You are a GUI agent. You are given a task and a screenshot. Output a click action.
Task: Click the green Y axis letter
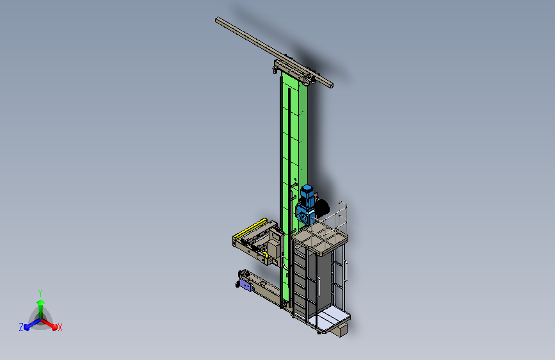40,293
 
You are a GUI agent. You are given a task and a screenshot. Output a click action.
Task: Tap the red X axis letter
60,328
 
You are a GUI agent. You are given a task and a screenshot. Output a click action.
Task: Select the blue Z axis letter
21,327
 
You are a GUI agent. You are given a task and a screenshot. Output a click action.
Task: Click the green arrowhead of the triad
40,302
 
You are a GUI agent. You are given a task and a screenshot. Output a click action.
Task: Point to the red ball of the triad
54,327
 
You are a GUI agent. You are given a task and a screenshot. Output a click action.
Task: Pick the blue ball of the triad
26,327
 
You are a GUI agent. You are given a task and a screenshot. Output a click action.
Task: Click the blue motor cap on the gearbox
307,191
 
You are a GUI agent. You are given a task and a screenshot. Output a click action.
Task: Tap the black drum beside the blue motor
322,208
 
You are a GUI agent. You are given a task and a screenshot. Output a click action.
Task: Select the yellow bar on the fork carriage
251,228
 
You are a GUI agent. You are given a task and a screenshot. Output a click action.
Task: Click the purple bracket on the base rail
246,285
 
